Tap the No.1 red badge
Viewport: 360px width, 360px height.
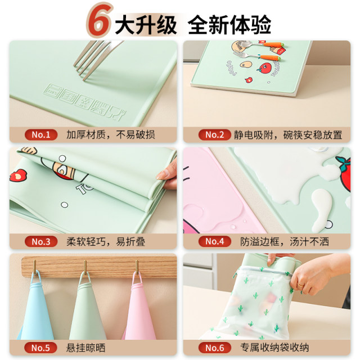coord(41,134)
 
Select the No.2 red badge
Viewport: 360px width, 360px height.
coord(214,134)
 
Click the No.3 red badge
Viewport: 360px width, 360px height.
coord(41,241)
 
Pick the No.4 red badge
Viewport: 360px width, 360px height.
coord(214,241)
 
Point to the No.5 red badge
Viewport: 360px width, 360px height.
coord(41,348)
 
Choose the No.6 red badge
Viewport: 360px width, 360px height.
coord(214,348)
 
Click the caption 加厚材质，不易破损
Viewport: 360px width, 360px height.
coord(110,134)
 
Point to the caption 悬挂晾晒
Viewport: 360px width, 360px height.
coord(85,348)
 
